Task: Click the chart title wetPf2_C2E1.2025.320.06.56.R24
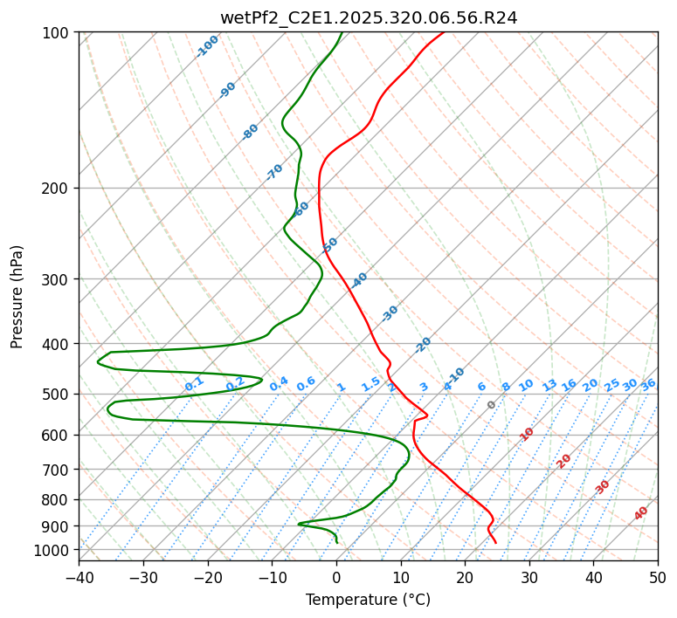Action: click(369, 17)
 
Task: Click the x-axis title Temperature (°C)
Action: click(368, 601)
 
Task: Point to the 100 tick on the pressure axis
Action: click(57, 32)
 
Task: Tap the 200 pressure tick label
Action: click(57, 188)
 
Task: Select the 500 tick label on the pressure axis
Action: click(57, 395)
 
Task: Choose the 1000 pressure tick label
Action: click(53, 550)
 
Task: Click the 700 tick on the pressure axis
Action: click(57, 470)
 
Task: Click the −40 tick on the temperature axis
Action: click(79, 577)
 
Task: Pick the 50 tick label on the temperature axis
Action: click(658, 577)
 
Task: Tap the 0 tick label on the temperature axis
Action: click(336, 577)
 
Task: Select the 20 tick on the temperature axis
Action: click(465, 577)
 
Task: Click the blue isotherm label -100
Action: click(207, 46)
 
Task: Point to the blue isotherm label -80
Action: click(251, 132)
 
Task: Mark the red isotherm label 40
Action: click(641, 513)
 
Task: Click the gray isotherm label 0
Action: click(492, 405)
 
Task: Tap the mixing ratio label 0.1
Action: click(194, 383)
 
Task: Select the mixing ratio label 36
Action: click(648, 384)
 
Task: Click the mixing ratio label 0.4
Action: click(279, 384)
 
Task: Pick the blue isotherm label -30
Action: click(390, 313)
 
